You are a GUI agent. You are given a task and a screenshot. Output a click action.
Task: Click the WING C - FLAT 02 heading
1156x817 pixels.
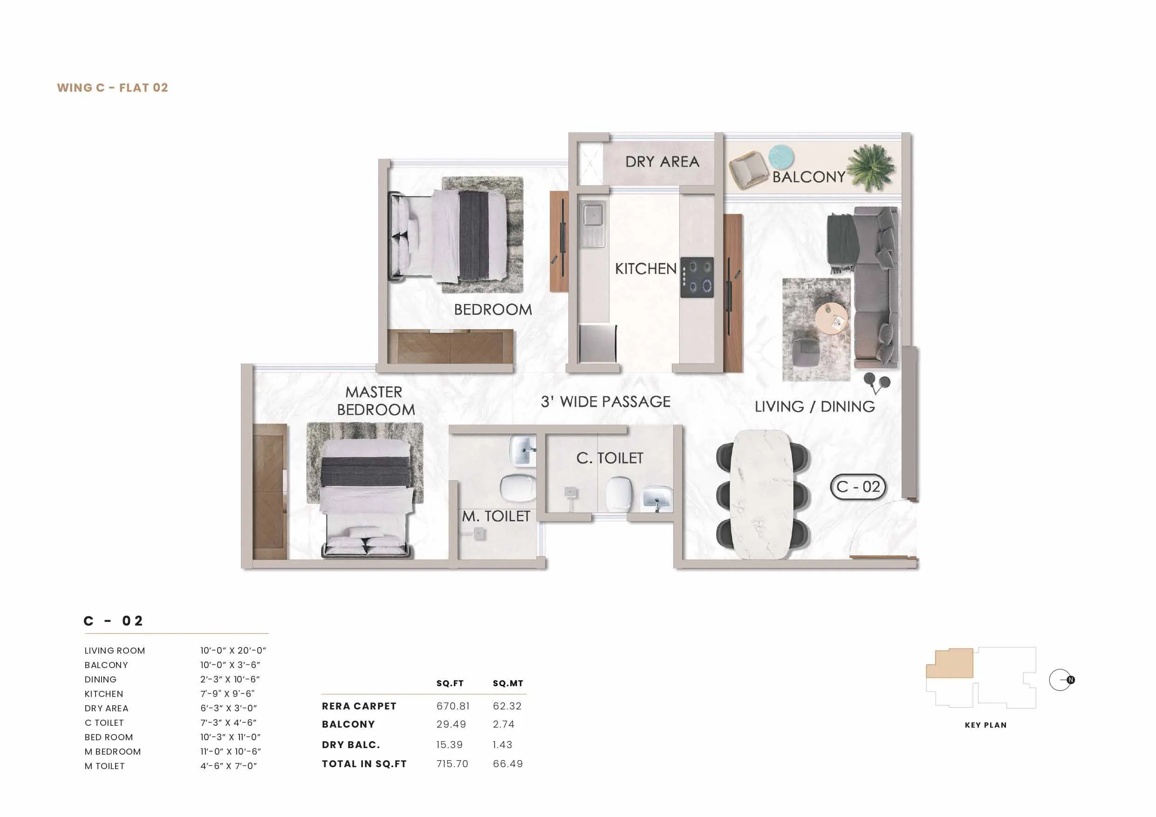click(112, 88)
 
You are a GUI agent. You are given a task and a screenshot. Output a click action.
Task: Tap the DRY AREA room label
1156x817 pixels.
click(662, 162)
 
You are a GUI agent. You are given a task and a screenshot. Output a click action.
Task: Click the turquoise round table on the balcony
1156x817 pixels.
click(781, 156)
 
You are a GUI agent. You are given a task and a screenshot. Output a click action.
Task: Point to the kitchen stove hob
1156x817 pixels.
click(698, 277)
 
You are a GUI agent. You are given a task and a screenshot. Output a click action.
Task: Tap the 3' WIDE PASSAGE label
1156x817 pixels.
click(606, 401)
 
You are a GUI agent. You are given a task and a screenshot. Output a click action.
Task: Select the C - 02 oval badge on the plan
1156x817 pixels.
click(858, 486)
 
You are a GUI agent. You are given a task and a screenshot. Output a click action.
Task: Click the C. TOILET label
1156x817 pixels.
click(610, 458)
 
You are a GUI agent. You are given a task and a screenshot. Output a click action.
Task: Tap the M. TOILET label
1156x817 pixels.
click(496, 516)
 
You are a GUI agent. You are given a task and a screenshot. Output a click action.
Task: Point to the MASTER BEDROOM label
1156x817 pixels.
click(376, 401)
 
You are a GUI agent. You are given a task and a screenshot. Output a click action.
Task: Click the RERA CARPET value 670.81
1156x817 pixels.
click(452, 706)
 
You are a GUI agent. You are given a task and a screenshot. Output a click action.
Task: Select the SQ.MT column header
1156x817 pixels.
click(507, 683)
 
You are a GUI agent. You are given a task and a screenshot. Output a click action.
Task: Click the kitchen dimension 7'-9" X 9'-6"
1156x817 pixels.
click(227, 694)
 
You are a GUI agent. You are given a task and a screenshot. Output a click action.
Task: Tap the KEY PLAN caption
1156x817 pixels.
click(985, 725)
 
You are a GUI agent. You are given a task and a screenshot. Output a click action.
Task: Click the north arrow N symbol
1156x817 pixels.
click(1070, 680)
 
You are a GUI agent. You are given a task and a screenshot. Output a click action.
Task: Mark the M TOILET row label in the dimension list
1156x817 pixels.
click(105, 766)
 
